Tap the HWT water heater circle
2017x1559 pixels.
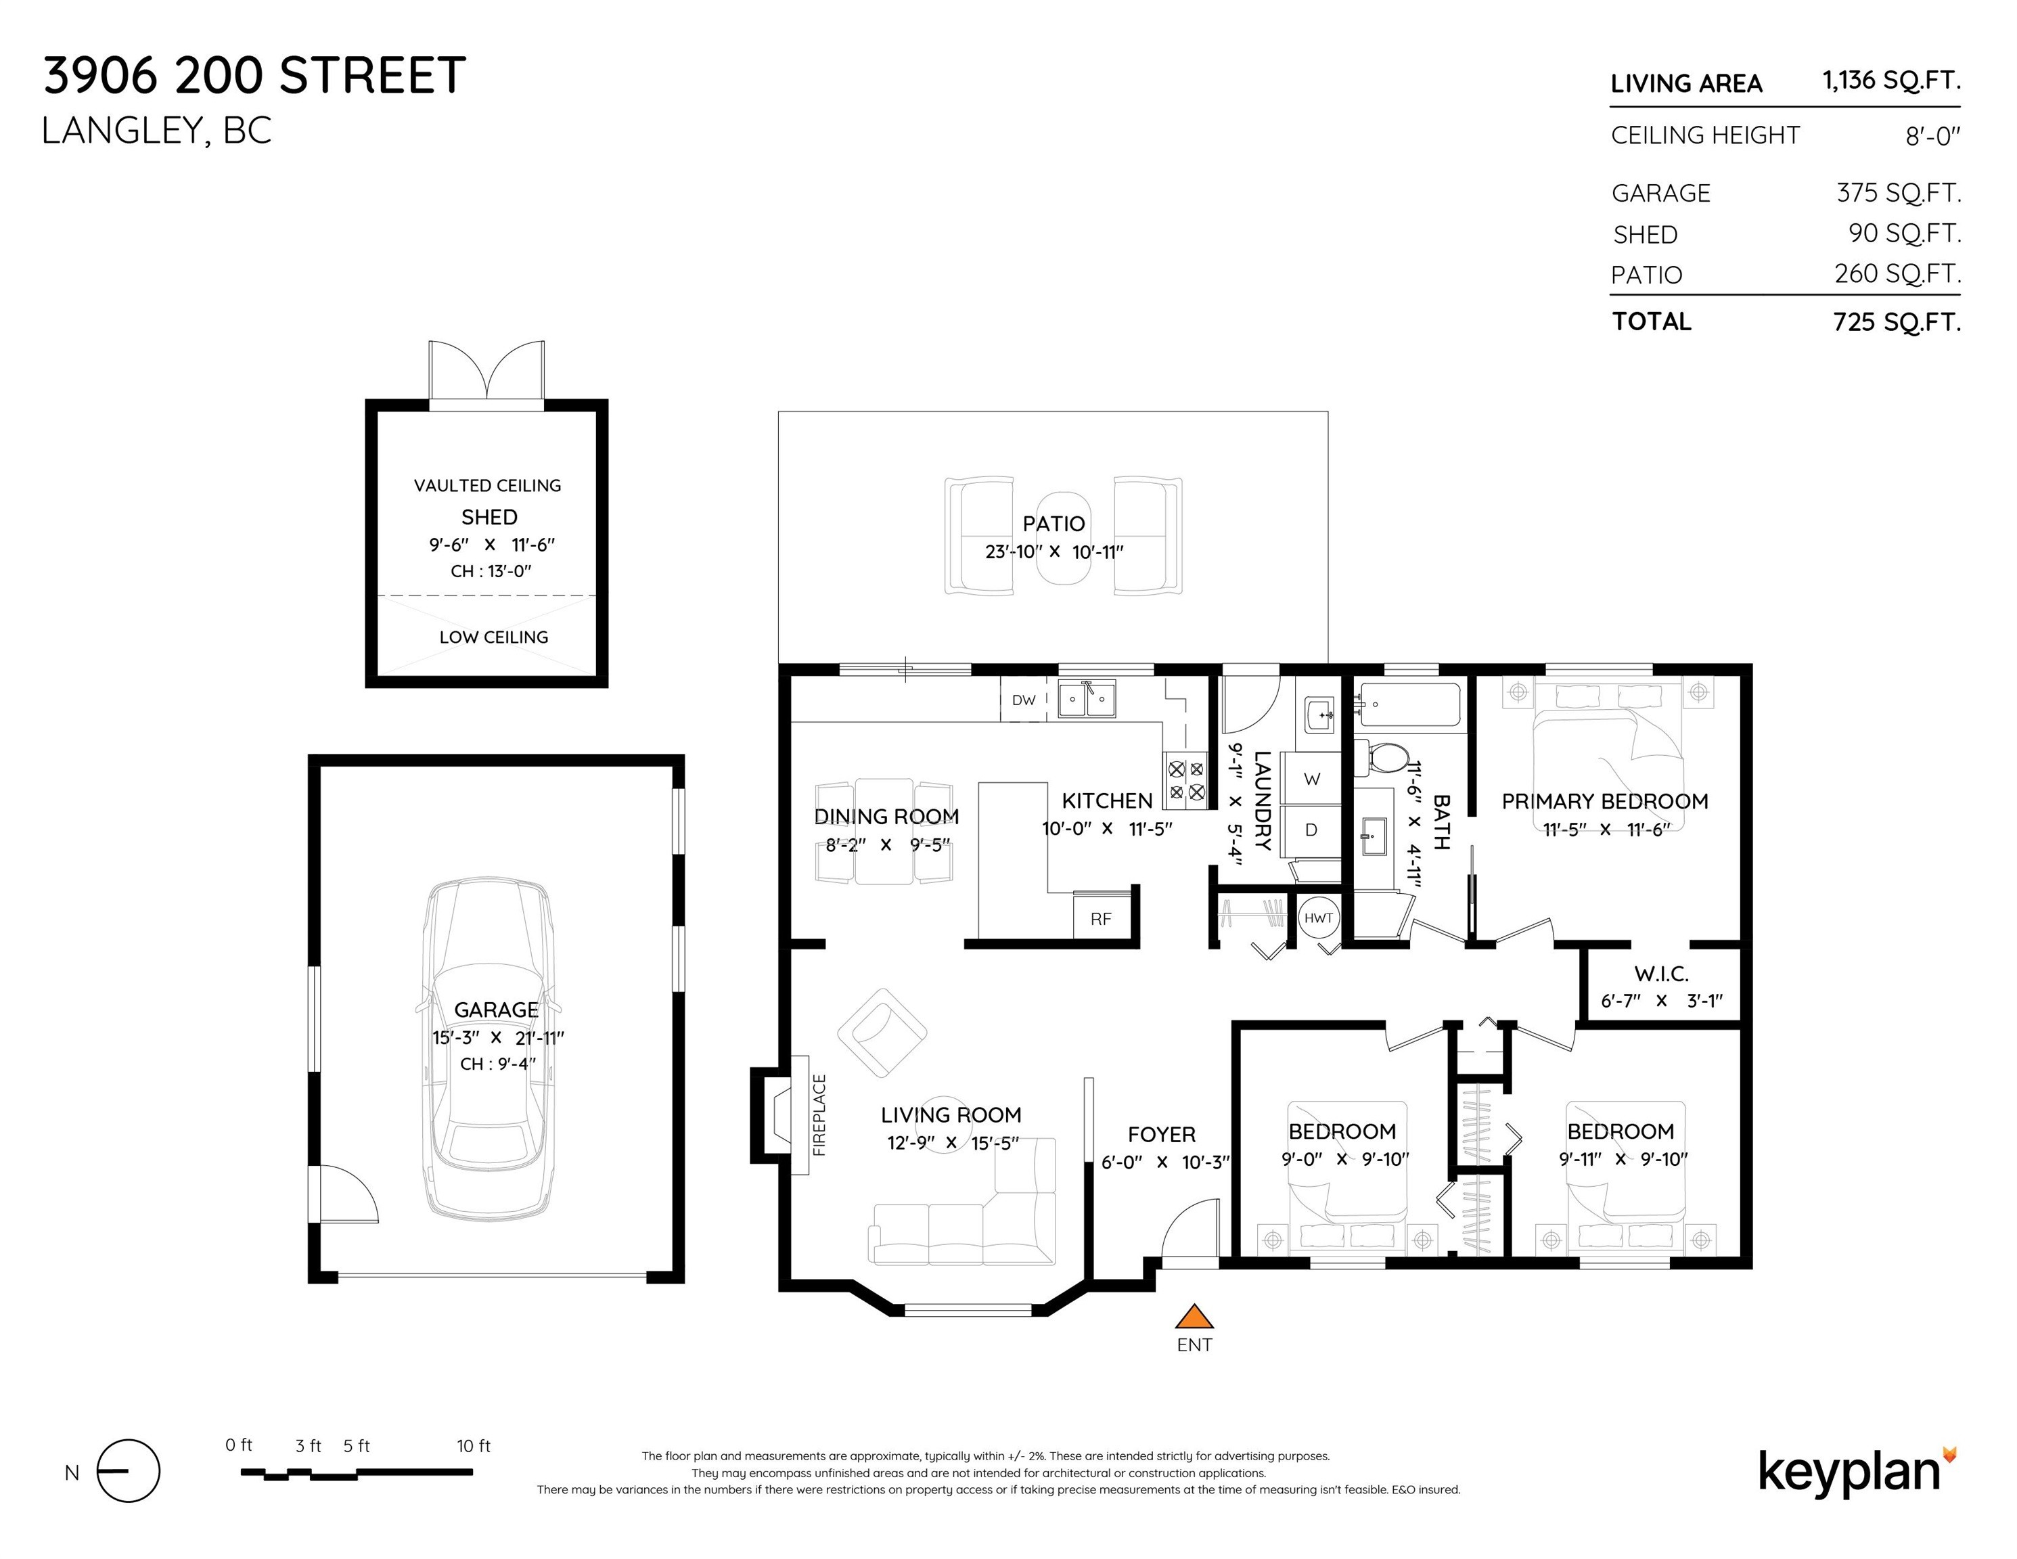(x=1318, y=918)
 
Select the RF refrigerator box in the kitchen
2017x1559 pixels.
(x=1101, y=918)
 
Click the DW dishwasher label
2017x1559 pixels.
(x=1023, y=700)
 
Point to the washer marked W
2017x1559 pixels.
(x=1311, y=779)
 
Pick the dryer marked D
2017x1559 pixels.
(x=1311, y=830)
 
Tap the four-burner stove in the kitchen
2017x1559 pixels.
(x=1186, y=779)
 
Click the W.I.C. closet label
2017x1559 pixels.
(x=1662, y=974)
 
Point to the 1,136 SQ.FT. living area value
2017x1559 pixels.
(x=1890, y=81)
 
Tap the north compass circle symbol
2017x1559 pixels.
(x=129, y=1471)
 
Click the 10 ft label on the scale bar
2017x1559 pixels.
(x=473, y=1446)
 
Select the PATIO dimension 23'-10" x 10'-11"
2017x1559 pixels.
(x=1053, y=552)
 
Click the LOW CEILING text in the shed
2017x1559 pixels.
(x=493, y=637)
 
